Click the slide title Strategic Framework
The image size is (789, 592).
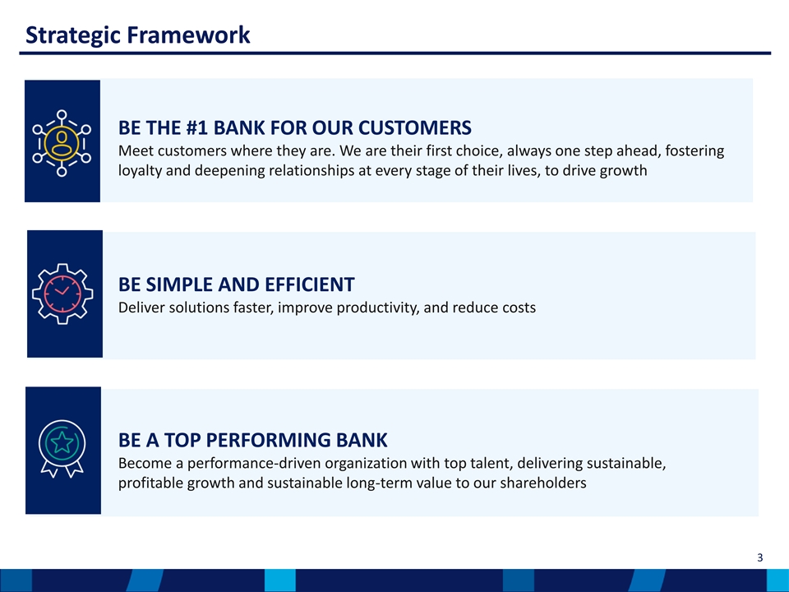click(x=137, y=35)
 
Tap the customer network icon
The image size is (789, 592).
click(x=62, y=143)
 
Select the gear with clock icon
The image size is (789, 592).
click(x=62, y=294)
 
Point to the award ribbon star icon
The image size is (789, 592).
click(x=62, y=449)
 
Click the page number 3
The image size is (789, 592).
click(x=759, y=557)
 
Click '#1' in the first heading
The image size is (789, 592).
click(x=196, y=128)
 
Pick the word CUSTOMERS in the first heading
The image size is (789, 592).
click(x=414, y=128)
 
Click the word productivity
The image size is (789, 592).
click(x=377, y=308)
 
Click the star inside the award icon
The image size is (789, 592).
click(x=62, y=442)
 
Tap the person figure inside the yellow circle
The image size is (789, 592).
click(x=62, y=143)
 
